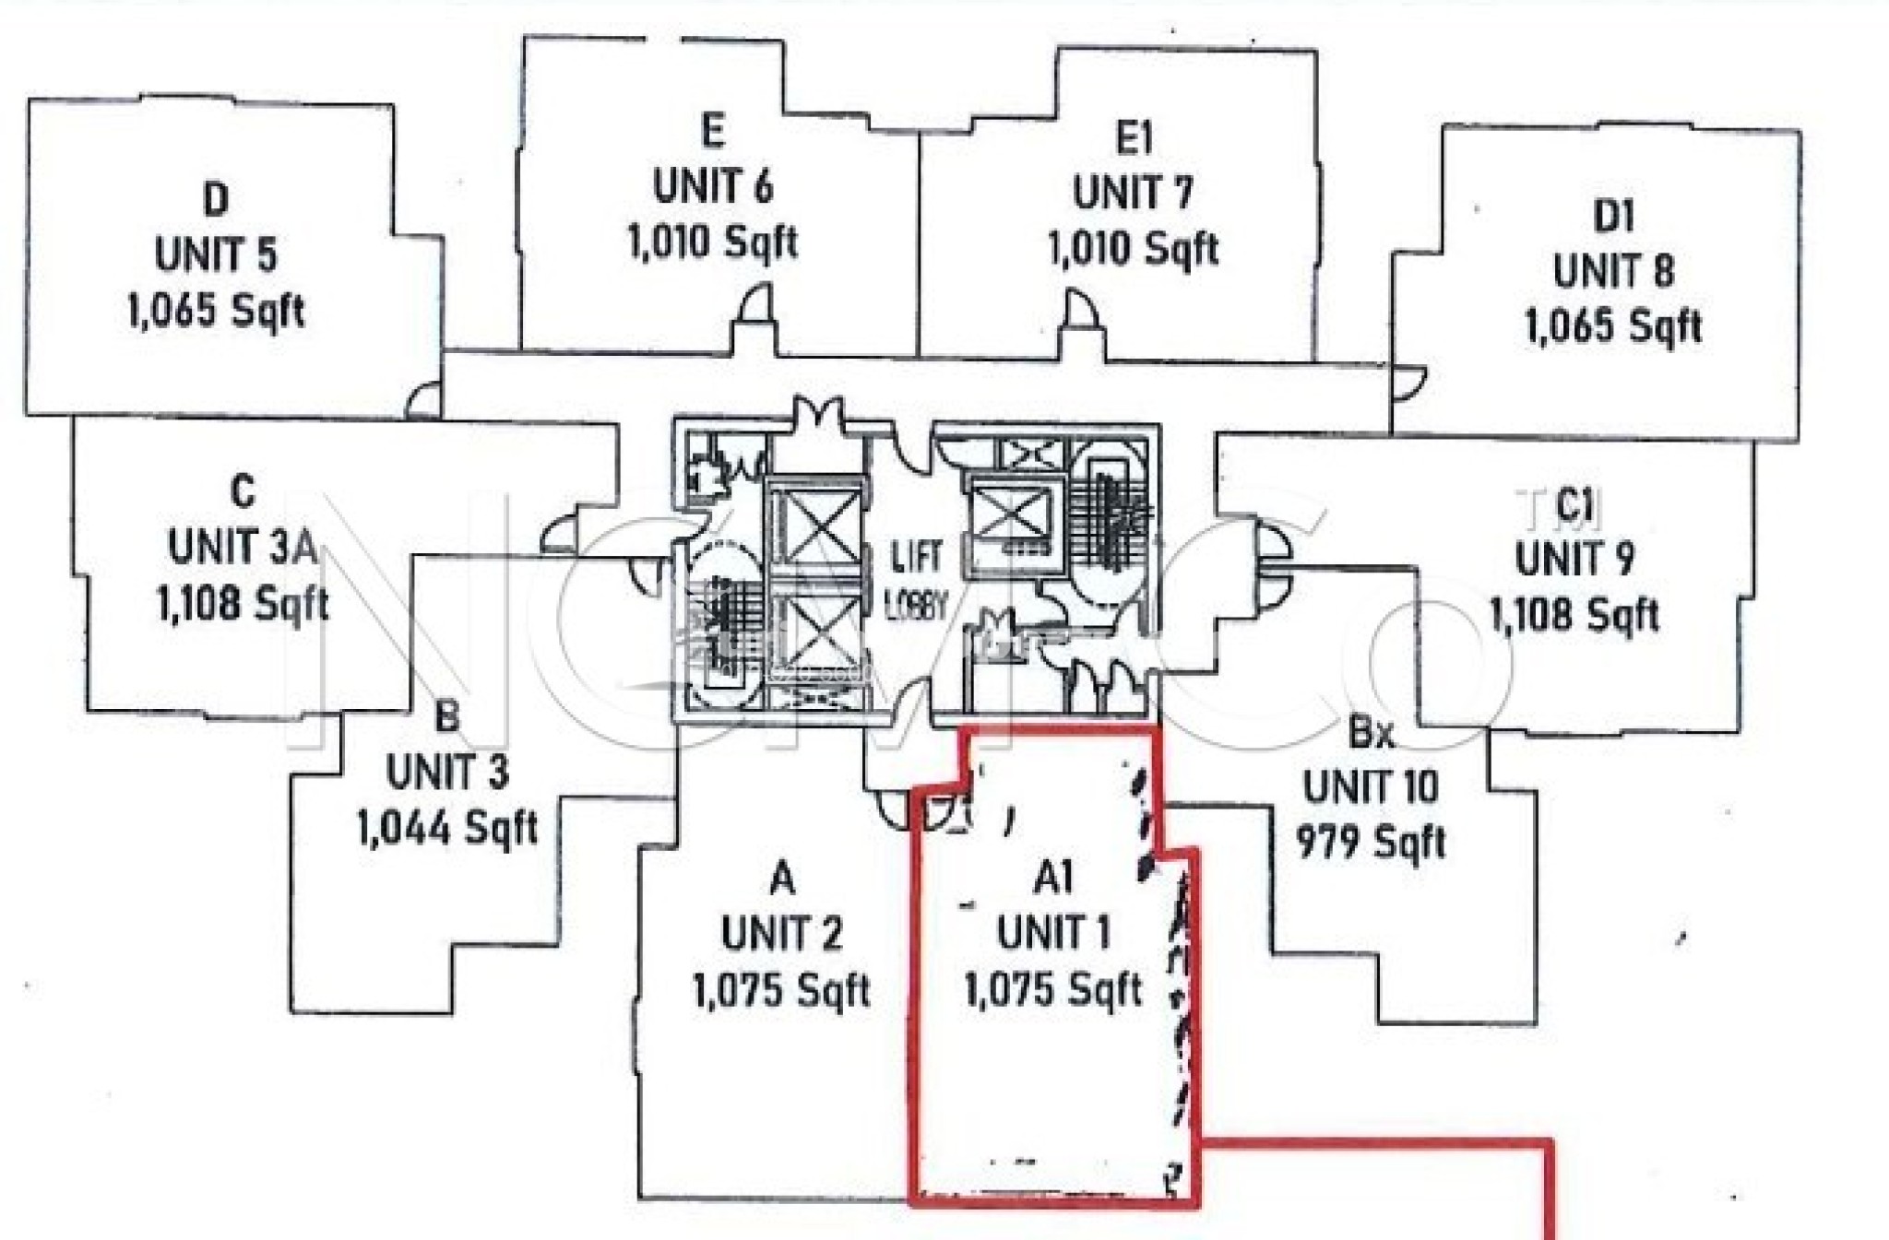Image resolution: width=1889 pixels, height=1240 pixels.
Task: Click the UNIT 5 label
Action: pyautogui.click(x=216, y=255)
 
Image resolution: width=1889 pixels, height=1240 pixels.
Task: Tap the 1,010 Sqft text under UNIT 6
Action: pyautogui.click(x=712, y=243)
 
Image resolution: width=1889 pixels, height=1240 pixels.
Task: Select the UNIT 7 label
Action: pyautogui.click(x=1133, y=194)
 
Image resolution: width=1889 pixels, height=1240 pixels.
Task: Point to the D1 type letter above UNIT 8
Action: pyautogui.click(x=1613, y=217)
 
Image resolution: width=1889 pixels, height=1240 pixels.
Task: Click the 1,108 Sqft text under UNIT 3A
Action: pyautogui.click(x=244, y=605)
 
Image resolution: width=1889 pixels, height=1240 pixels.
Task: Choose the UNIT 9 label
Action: pyautogui.click(x=1574, y=559)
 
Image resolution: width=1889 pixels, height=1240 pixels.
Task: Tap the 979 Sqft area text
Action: pyautogui.click(x=1371, y=842)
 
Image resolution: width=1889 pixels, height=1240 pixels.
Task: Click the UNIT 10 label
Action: pyautogui.click(x=1371, y=787)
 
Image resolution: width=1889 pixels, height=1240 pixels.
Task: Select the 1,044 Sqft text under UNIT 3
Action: pyautogui.click(x=447, y=827)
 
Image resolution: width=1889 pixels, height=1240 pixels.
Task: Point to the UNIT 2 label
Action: pyautogui.click(x=781, y=934)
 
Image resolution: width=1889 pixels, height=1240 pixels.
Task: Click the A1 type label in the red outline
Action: pyautogui.click(x=1053, y=878)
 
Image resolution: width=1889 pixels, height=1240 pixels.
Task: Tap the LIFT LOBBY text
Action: pyautogui.click(x=916, y=581)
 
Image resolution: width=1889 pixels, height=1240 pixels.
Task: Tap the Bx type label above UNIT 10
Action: pyautogui.click(x=1371, y=733)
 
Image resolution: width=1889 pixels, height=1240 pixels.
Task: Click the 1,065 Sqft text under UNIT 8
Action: pyautogui.click(x=1613, y=327)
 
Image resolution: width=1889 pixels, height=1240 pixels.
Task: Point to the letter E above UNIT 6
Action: pyautogui.click(x=712, y=132)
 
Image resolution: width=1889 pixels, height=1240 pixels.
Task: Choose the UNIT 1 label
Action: pyautogui.click(x=1053, y=933)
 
